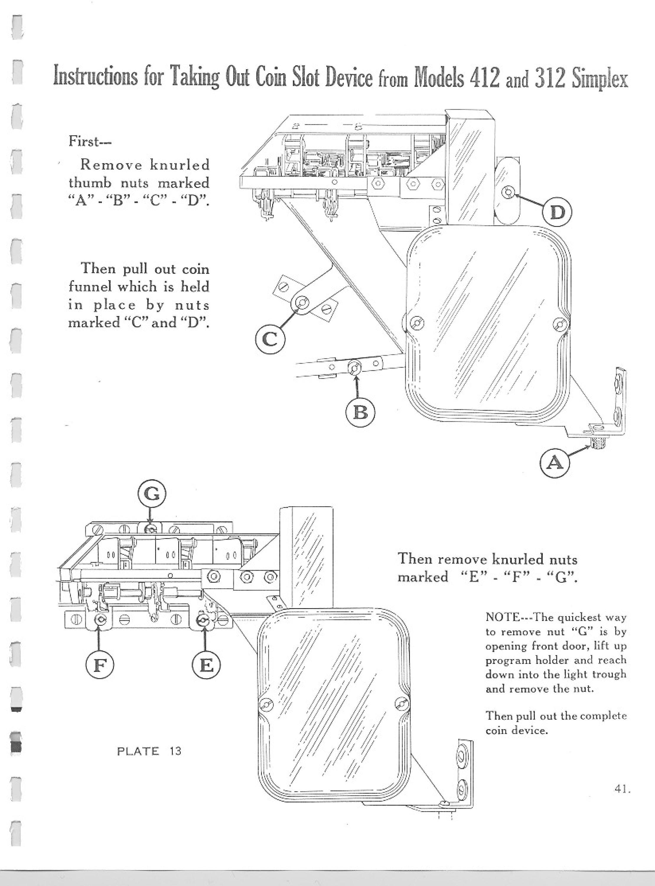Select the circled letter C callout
click(271, 340)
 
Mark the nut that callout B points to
click(354, 368)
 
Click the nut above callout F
click(100, 620)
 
